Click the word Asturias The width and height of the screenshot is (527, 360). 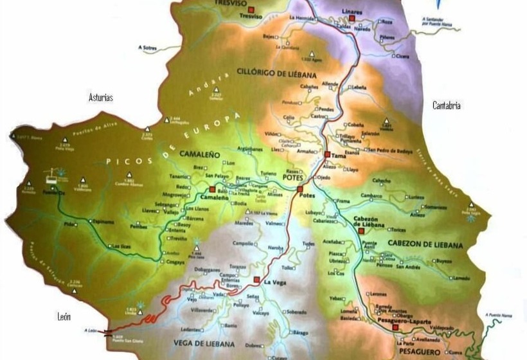101,98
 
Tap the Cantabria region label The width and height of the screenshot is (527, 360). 446,105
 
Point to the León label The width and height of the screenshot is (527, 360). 63,317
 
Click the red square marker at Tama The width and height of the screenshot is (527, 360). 328,155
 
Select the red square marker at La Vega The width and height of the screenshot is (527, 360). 257,280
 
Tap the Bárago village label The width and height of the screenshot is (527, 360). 300,334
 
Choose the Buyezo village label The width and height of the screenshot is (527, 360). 444,261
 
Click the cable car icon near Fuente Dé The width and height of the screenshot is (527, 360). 47,174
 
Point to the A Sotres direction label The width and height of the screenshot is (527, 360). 148,48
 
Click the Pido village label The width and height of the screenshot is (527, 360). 69,224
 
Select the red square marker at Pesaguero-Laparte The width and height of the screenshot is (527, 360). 396,327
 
